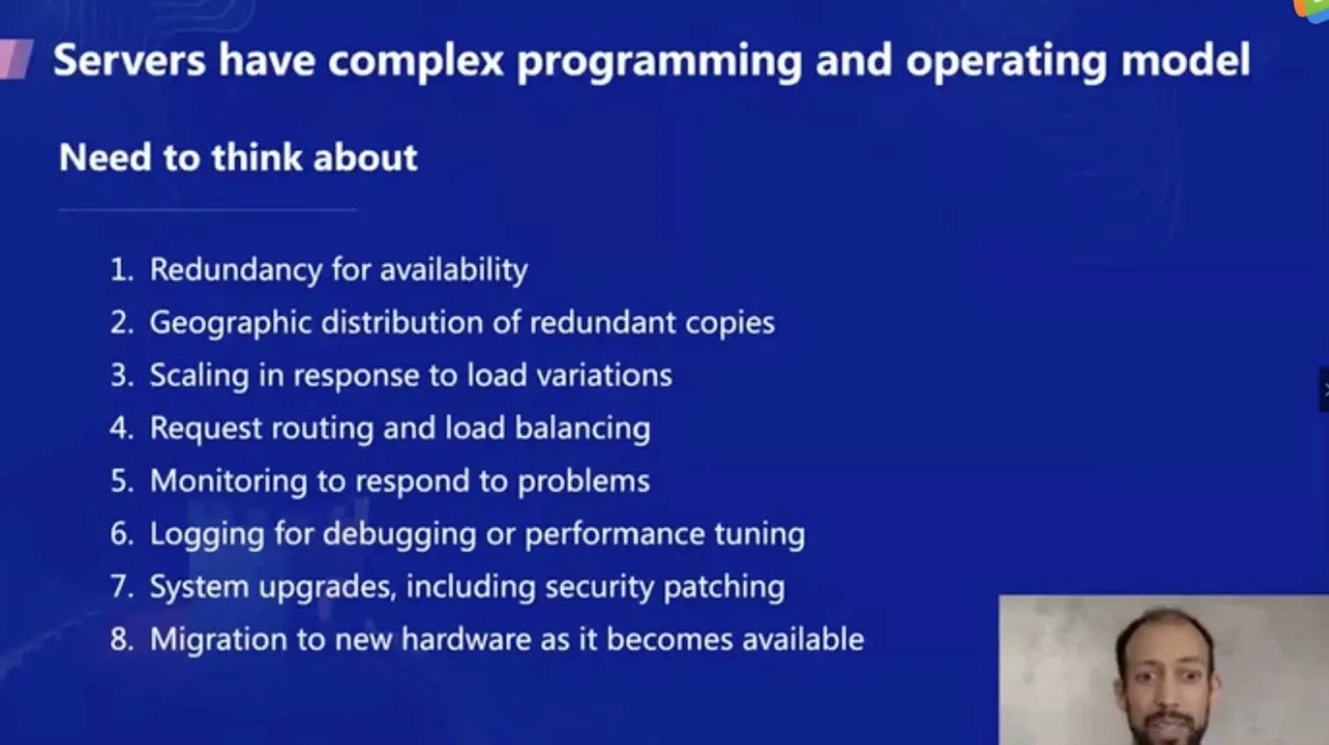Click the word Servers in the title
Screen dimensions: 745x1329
click(129, 61)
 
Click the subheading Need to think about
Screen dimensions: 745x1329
click(237, 158)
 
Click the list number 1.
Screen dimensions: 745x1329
click(120, 270)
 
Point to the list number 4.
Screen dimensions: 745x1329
click(121, 428)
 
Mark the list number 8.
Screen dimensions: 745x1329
click(121, 639)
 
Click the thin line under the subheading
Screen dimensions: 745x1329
click(208, 210)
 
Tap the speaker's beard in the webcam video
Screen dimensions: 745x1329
click(1166, 728)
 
